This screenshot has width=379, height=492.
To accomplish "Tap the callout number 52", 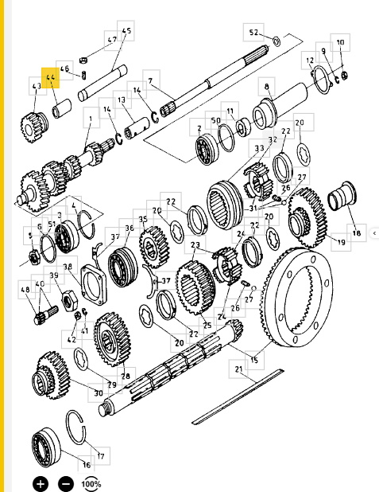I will pos(253,33).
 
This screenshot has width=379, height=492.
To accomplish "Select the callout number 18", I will pos(355,233).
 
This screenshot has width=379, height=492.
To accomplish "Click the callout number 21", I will pos(238,369).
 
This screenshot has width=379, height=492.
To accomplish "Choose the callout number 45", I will pos(126,32).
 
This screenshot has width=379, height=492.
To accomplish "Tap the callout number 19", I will pos(341,242).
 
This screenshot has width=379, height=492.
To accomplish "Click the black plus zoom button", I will pos(41,482).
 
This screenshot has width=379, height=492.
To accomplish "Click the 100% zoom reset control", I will pos(91,483).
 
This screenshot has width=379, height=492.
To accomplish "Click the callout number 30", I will pos(98,392).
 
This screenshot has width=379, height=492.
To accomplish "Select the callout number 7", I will pos(149,81).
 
